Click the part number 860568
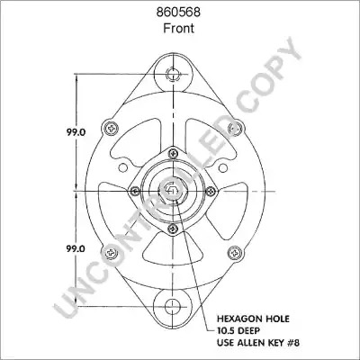click(178, 13)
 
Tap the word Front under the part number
click(178, 28)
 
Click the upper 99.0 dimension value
click(76, 132)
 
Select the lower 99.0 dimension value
click(76, 248)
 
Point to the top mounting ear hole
click(173, 74)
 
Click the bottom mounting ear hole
click(173, 306)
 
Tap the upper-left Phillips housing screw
click(111, 129)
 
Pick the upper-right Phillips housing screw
click(235, 129)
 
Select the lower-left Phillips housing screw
click(111, 253)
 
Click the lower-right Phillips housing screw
click(235, 253)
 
